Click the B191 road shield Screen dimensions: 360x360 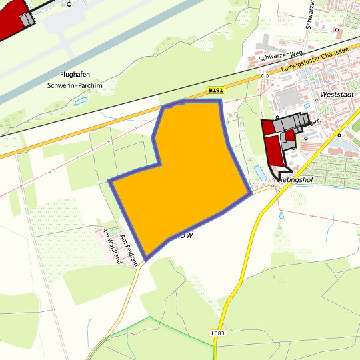215,90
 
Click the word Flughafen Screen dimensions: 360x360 75,75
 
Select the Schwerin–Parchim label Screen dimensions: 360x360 75,85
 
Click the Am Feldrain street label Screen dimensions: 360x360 129,250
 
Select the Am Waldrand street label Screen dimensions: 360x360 111,246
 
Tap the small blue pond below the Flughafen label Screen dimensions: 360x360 81,101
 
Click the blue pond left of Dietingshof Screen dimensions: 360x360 260,173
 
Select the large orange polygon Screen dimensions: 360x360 187,167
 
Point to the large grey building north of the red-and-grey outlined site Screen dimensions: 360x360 288,99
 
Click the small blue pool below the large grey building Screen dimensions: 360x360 307,105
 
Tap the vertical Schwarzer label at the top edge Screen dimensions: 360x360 311,13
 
